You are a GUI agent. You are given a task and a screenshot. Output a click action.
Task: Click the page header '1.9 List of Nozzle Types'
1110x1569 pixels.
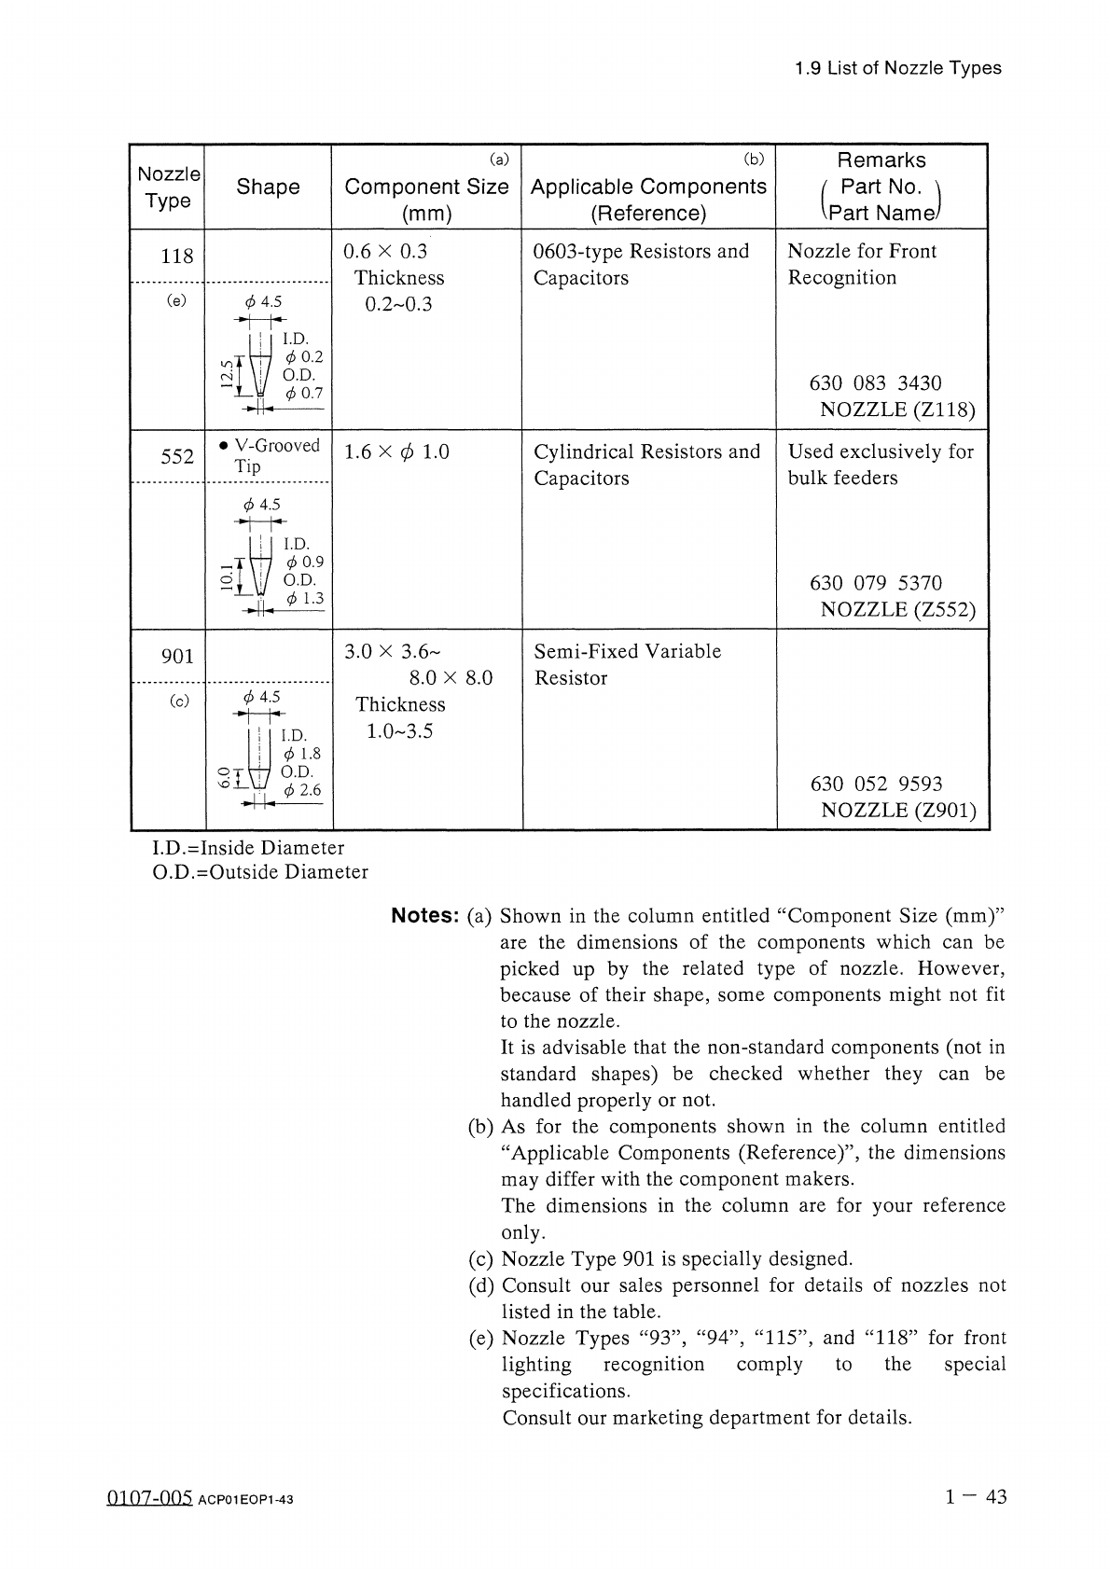[x=897, y=68]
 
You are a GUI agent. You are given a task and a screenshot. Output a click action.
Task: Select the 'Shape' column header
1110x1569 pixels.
[x=268, y=187]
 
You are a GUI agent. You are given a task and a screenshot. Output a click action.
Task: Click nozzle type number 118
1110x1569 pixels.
[x=177, y=256]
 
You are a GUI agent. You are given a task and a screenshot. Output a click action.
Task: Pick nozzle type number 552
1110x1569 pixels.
[x=177, y=456]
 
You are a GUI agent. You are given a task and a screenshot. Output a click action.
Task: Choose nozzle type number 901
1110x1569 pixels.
[x=177, y=656]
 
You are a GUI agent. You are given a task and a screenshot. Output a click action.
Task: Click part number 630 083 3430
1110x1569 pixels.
[x=876, y=383]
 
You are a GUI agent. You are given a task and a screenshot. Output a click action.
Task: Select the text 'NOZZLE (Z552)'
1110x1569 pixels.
[x=897, y=610]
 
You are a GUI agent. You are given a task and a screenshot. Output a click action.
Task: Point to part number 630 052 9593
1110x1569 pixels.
[x=876, y=784]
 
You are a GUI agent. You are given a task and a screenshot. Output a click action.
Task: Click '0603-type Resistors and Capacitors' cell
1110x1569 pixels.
[x=641, y=264]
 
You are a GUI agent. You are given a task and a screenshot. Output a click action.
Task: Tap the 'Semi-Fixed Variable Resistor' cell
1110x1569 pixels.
[x=627, y=664]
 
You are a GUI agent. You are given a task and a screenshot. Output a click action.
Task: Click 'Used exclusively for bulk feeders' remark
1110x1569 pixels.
[x=880, y=465]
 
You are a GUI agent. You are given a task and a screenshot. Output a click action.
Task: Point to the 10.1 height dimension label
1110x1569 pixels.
[x=226, y=578]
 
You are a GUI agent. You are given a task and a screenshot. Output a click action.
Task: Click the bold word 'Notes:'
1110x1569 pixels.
[x=425, y=916]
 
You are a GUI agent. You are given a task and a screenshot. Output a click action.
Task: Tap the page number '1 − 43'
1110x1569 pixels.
[x=976, y=1497]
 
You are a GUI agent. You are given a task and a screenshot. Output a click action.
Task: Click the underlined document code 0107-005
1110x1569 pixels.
[x=149, y=1498]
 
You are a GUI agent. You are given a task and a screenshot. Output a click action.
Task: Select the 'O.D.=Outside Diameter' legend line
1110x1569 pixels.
[x=259, y=872]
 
